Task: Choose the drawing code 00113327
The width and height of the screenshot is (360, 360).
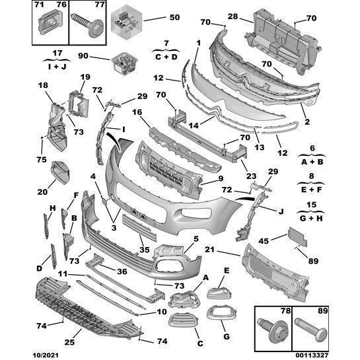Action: pos(337,354)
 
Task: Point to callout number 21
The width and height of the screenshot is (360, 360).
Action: pos(228,250)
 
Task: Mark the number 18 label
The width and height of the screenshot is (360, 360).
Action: pos(43,85)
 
